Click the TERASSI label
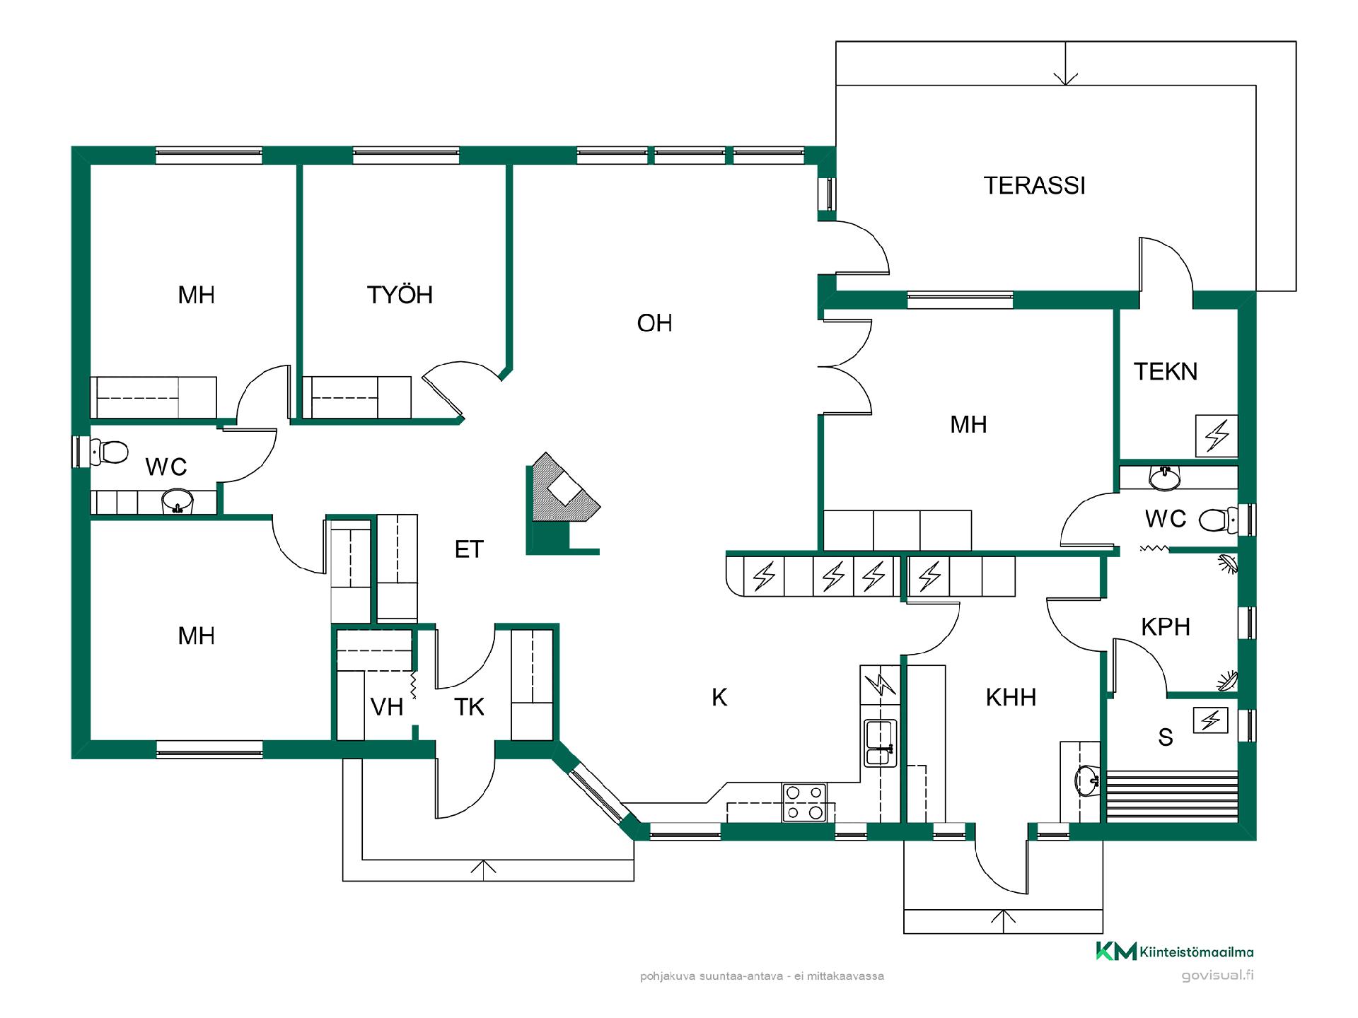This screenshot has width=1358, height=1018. [1034, 185]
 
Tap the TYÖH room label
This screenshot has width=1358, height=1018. [400, 295]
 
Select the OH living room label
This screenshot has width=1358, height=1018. [654, 323]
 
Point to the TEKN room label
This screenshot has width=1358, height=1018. [1166, 372]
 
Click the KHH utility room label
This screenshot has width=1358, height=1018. [1011, 698]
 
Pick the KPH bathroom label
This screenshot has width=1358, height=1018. [1166, 627]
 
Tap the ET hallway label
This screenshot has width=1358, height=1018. [469, 549]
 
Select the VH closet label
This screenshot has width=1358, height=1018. [387, 707]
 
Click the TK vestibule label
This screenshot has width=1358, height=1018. [469, 707]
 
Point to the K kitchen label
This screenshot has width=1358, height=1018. [719, 698]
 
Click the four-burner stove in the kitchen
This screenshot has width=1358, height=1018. [804, 802]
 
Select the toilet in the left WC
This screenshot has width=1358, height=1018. [110, 451]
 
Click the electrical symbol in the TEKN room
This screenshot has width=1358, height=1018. [1217, 435]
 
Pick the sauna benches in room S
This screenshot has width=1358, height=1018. [1172, 795]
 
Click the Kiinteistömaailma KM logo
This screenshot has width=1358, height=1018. [1116, 952]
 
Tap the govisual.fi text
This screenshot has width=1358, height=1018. [1217, 976]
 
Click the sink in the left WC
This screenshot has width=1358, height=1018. [177, 502]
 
